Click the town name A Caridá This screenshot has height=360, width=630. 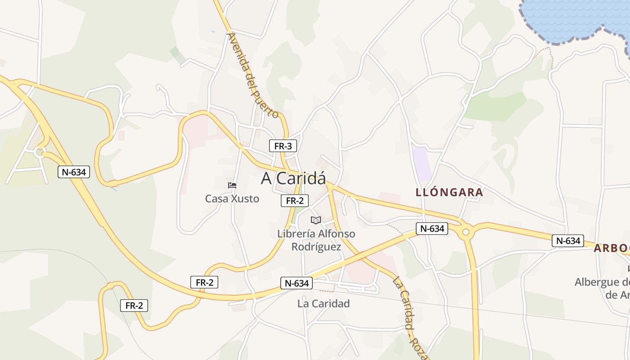click(x=293, y=179)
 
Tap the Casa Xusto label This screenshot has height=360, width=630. click(x=232, y=198)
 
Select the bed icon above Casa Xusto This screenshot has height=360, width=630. click(x=232, y=185)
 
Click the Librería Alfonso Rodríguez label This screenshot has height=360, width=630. click(x=316, y=240)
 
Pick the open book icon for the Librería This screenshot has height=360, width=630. click(x=316, y=220)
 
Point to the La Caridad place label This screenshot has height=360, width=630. click(x=324, y=304)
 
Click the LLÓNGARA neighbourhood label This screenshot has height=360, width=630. click(x=449, y=193)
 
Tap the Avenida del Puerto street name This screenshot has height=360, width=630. click(x=253, y=75)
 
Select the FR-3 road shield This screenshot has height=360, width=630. click(x=283, y=146)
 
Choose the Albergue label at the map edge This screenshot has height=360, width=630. click(x=603, y=288)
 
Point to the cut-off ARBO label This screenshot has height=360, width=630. click(x=612, y=248)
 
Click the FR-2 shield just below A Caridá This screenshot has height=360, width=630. click(x=295, y=201)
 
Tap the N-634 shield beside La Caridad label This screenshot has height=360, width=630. click(x=297, y=283)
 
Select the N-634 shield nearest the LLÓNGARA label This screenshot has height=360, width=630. click(x=432, y=229)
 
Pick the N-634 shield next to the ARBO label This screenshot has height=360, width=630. click(x=568, y=241)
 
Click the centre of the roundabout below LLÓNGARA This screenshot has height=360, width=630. click(x=466, y=233)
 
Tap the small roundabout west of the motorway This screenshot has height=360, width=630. click(x=40, y=152)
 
